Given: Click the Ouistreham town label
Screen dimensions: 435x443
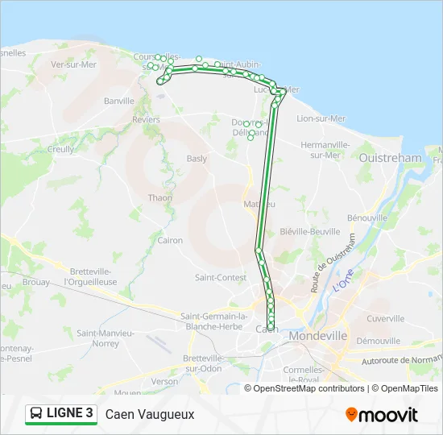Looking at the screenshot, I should (x=391, y=159).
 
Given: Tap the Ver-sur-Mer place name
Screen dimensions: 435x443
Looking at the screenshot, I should (x=73, y=64).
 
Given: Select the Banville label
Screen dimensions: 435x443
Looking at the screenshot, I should (x=118, y=101).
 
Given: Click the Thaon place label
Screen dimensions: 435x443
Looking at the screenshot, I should (x=159, y=197).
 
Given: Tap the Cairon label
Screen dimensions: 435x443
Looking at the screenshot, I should (x=170, y=240).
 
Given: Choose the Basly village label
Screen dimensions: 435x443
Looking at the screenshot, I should (x=197, y=159).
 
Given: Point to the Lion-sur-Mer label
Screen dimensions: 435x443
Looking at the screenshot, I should (x=321, y=118).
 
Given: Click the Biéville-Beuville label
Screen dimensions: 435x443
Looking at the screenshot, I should (x=309, y=231).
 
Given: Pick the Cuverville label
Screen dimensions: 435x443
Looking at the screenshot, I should (x=385, y=318).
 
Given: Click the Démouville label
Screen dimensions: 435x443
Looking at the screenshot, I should (x=378, y=341).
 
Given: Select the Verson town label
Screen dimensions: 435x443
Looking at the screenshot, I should (x=164, y=381).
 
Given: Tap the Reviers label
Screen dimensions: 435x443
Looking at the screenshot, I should (x=146, y=118).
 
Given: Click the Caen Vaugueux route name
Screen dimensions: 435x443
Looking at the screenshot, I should (x=150, y=414).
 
